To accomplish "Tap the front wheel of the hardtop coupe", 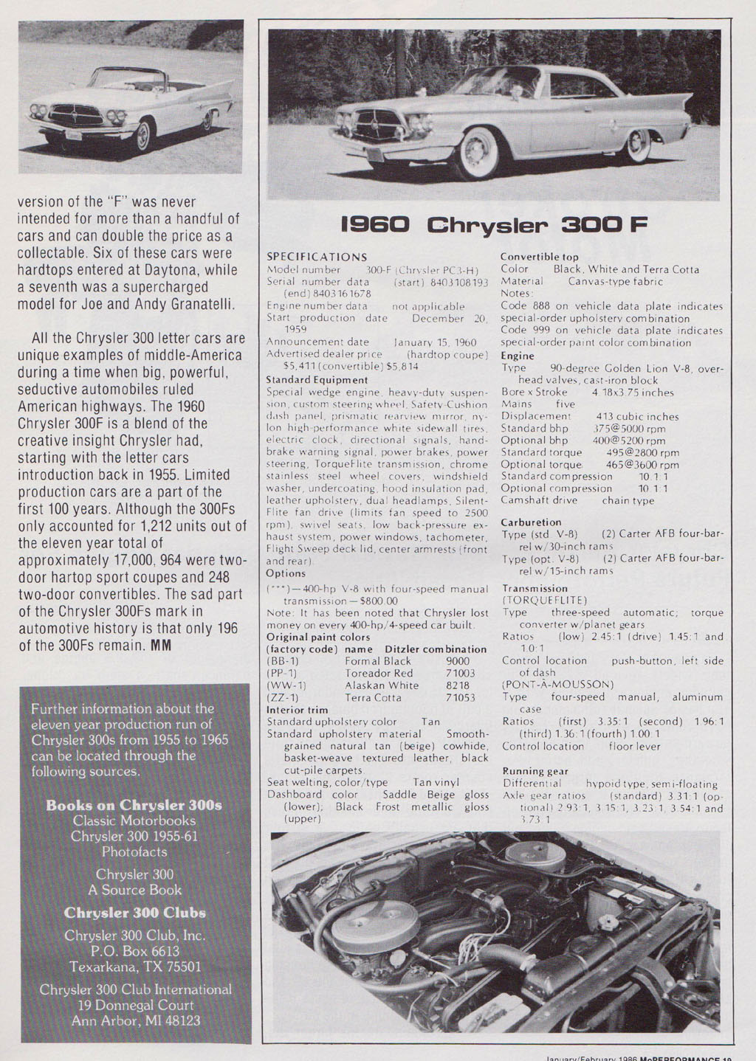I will point(473,153).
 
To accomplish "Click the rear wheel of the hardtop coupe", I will point(637,145).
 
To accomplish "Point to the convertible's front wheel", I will point(142,134).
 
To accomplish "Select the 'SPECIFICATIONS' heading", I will point(317,257).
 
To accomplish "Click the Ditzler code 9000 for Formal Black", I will point(458,661).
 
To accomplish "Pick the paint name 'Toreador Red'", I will point(379,673).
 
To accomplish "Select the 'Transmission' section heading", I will point(535,588).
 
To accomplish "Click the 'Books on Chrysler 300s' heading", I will point(134,805).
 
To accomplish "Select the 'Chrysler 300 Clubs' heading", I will point(134,913).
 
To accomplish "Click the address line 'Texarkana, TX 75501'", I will point(135,967).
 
